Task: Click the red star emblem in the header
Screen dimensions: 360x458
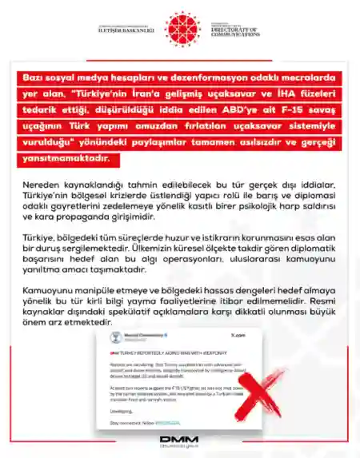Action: (179, 29)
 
